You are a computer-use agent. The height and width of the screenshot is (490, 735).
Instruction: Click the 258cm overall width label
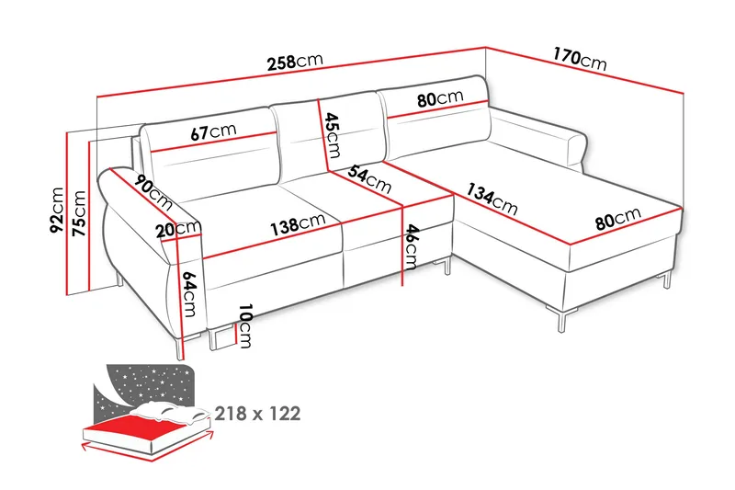click(x=294, y=63)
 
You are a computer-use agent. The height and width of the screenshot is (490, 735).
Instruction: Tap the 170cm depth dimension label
click(x=579, y=58)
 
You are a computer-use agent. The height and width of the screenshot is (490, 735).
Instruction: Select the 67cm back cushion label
click(x=214, y=132)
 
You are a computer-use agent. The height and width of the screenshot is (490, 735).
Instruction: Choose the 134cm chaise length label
click(x=492, y=199)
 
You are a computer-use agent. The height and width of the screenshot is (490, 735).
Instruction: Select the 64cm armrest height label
click(x=190, y=293)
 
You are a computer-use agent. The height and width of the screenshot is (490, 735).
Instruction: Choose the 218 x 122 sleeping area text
click(x=257, y=414)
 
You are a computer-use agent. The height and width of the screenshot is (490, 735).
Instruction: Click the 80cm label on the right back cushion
click(x=438, y=98)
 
